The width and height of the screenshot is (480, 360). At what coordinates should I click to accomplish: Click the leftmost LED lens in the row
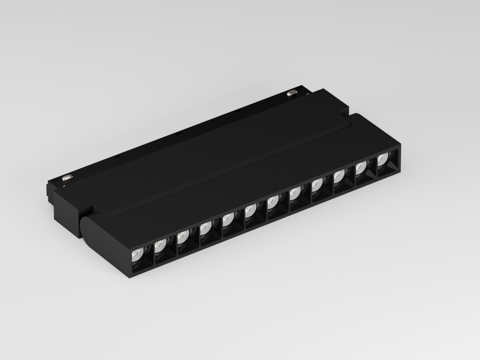(136, 255)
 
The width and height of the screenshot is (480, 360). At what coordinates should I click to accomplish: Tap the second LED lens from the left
(159, 244)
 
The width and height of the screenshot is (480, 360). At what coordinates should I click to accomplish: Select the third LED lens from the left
(182, 234)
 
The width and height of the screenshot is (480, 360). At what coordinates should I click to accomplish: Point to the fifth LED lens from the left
(227, 217)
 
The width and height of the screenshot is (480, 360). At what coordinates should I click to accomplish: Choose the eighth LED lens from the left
(295, 192)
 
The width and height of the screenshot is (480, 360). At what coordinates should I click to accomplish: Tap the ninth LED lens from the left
(317, 183)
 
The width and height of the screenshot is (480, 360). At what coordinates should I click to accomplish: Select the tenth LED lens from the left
(339, 175)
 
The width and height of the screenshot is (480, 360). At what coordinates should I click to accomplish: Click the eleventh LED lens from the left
(361, 167)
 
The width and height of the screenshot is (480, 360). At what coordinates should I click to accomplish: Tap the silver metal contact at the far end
(292, 92)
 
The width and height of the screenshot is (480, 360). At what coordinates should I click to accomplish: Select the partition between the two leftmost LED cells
(153, 255)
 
